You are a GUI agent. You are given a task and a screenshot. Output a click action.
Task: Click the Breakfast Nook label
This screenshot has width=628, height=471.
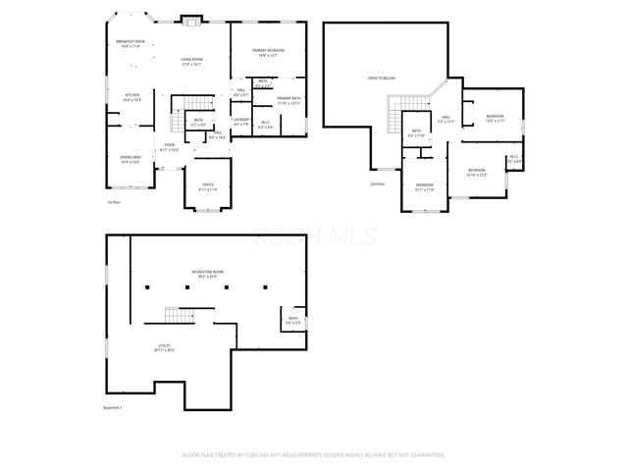tap(131, 43)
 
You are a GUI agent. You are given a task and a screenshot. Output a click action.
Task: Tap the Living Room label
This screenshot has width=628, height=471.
tap(191, 62)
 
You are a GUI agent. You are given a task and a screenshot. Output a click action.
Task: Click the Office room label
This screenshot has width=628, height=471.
tap(208, 185)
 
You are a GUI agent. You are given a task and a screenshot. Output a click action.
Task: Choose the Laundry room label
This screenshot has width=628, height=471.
tap(241, 122)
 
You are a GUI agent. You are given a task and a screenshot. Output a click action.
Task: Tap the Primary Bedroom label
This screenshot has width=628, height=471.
tap(268, 51)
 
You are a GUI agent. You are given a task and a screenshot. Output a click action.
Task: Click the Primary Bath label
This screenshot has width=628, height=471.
tap(288, 100)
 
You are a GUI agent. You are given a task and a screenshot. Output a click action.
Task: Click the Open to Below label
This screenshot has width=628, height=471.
tap(381, 78)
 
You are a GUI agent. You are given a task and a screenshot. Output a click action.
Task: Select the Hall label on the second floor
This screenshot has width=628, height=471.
tap(445, 119)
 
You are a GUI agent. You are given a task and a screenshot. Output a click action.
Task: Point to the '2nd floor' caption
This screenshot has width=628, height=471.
tap(377, 183)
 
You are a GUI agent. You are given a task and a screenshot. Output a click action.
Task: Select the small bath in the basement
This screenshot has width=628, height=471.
tap(293, 318)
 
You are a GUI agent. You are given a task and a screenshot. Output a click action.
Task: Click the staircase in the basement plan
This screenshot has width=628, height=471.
tap(174, 315)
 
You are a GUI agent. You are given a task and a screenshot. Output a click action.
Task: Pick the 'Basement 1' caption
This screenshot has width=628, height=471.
tap(114, 406)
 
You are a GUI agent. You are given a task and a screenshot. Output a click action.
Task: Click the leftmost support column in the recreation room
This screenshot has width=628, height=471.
tap(147, 288)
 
